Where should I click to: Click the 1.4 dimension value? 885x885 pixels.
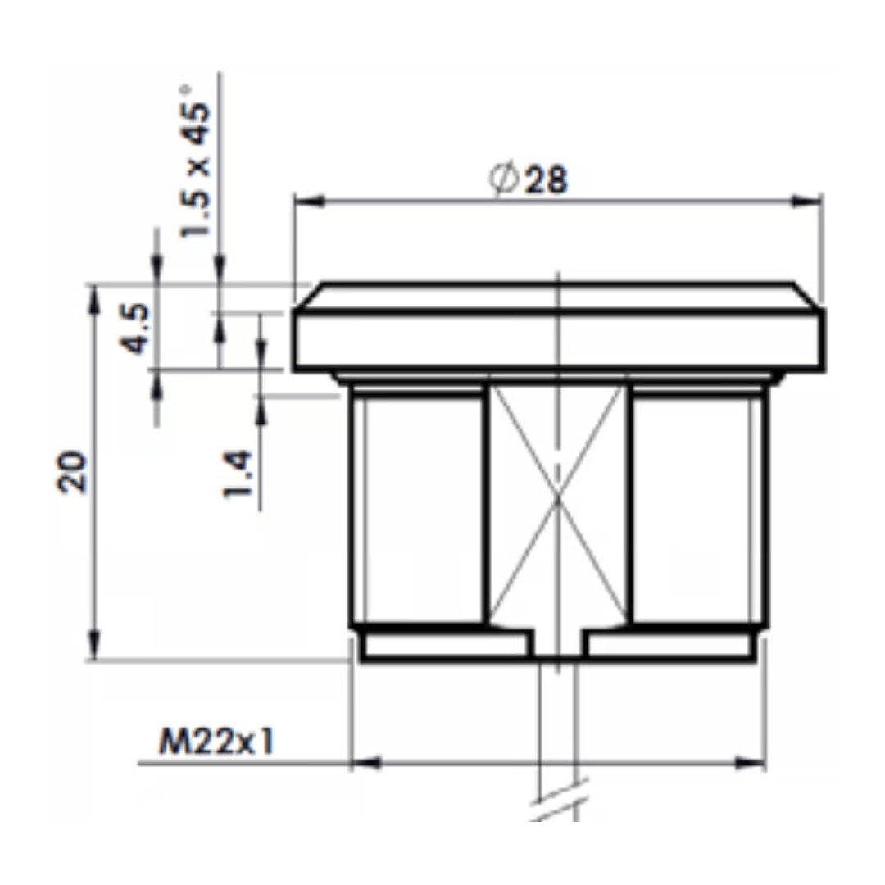[x=237, y=473]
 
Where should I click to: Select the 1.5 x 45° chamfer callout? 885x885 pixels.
[x=195, y=161]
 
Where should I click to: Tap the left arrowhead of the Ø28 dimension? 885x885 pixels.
[x=309, y=202]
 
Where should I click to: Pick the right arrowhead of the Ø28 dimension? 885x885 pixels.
[x=806, y=202]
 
